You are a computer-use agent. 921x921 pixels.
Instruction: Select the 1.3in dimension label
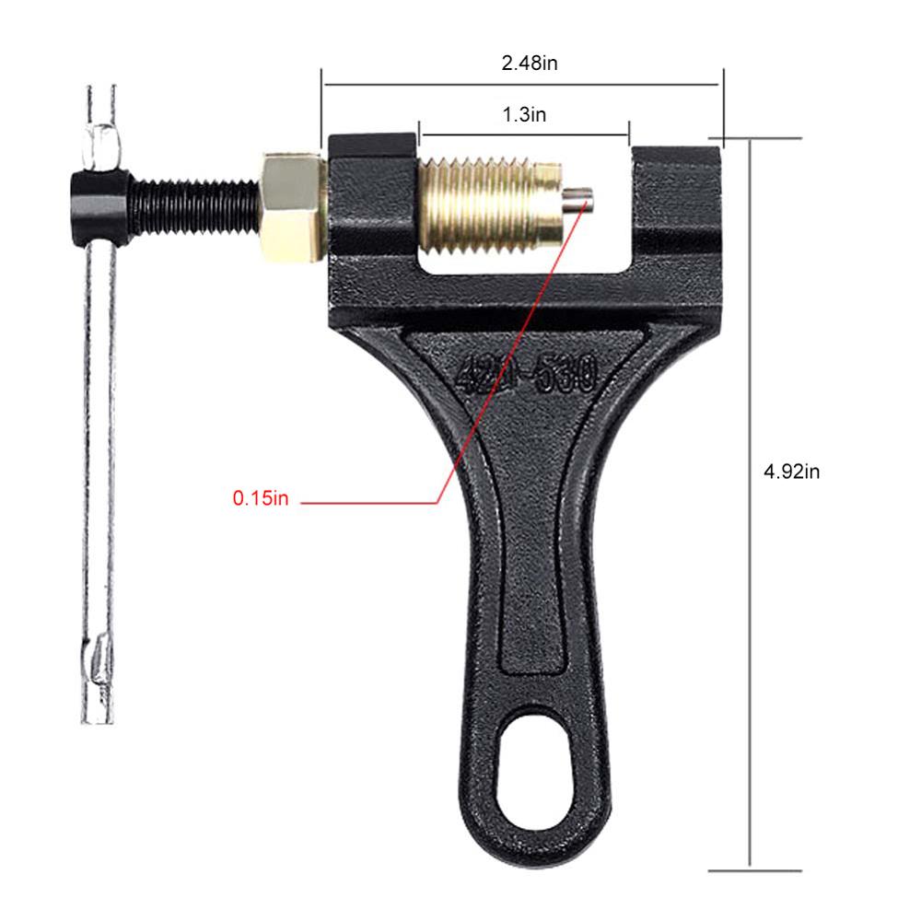(x=523, y=115)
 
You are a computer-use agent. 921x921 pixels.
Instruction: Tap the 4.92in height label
(x=791, y=472)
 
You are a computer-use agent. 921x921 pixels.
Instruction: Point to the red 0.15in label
(x=261, y=498)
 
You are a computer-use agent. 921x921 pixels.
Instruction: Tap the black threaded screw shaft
(x=193, y=204)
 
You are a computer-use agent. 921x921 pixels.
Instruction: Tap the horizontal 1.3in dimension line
(x=523, y=134)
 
